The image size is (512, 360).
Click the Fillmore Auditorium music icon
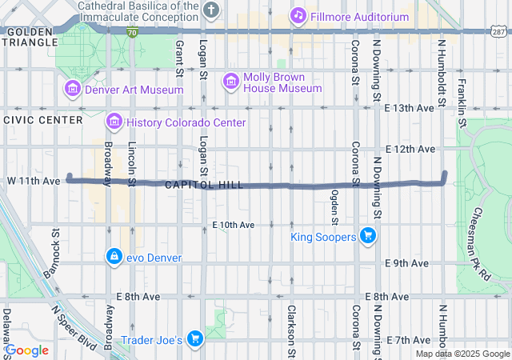(298, 14)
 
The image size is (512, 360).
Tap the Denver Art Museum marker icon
(73, 89)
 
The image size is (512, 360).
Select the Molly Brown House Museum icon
(231, 81)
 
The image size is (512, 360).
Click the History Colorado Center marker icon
(114, 122)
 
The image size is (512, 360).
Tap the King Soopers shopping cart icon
(367, 235)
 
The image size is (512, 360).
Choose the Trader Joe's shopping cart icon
(194, 339)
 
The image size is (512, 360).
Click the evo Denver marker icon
(114, 256)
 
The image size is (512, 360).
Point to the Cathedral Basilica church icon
(210, 10)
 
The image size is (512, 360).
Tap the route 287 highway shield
(498, 32)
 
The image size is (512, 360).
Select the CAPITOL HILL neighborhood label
(204, 185)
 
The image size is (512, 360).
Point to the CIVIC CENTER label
(42, 120)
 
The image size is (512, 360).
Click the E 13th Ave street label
(410, 108)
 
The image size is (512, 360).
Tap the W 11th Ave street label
(32, 182)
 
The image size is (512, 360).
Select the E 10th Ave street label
(233, 226)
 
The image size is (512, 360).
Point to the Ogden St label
(335, 207)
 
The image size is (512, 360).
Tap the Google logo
(27, 350)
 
